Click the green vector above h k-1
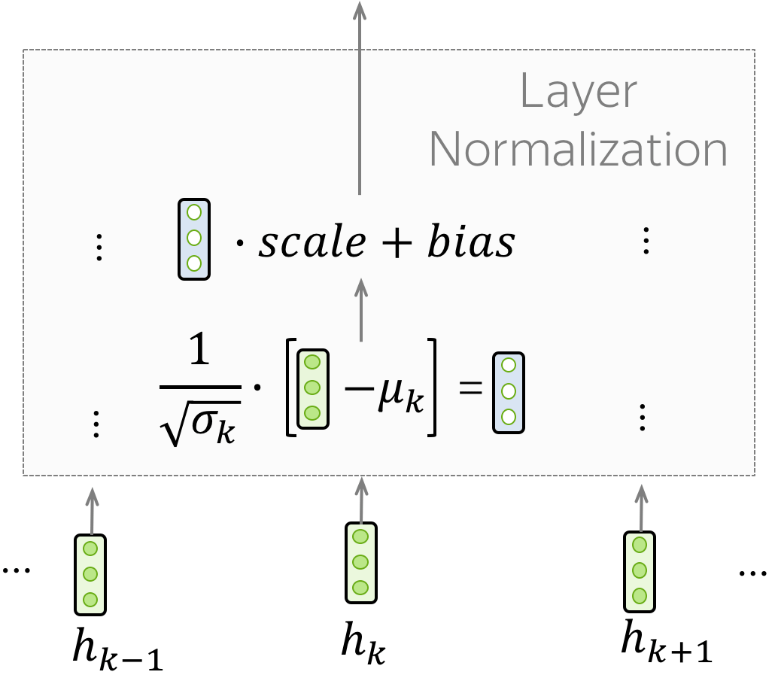(x=90, y=573)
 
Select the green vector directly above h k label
(x=360, y=562)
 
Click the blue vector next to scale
(x=194, y=239)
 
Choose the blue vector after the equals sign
(x=508, y=392)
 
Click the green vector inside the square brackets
(x=312, y=388)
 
